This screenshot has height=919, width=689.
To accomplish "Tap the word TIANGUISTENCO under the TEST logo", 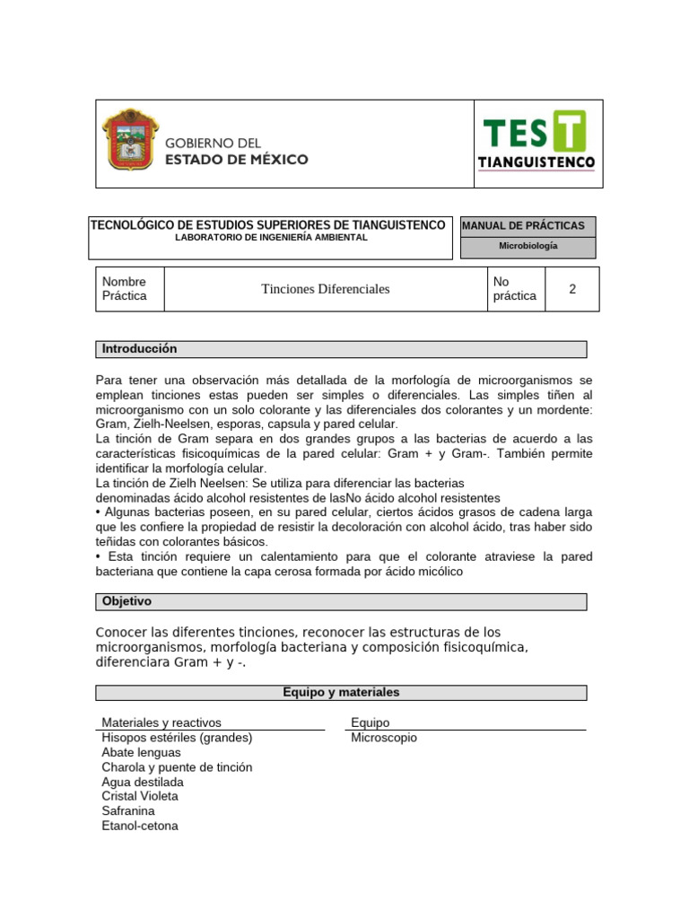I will click(537, 162).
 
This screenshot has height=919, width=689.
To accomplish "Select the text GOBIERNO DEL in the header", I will click(213, 143).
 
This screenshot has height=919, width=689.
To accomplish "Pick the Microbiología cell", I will click(528, 246).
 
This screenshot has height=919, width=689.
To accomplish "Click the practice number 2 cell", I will click(571, 289).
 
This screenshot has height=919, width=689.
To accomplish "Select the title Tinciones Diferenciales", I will click(325, 289).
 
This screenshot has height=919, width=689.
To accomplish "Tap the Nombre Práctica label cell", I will click(129, 289).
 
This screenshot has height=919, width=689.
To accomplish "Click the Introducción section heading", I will click(140, 349).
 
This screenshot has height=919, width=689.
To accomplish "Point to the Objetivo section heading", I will click(127, 601).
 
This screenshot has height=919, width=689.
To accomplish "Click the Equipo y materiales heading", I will click(341, 693).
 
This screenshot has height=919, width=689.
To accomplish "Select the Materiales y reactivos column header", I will click(161, 722).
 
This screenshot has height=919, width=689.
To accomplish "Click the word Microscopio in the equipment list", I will click(384, 738).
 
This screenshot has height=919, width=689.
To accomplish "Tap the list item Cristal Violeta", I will click(140, 796).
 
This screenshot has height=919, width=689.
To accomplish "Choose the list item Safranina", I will click(128, 810).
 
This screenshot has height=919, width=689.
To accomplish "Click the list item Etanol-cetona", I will click(140, 825).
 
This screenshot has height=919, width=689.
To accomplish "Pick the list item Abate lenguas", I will click(141, 752).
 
